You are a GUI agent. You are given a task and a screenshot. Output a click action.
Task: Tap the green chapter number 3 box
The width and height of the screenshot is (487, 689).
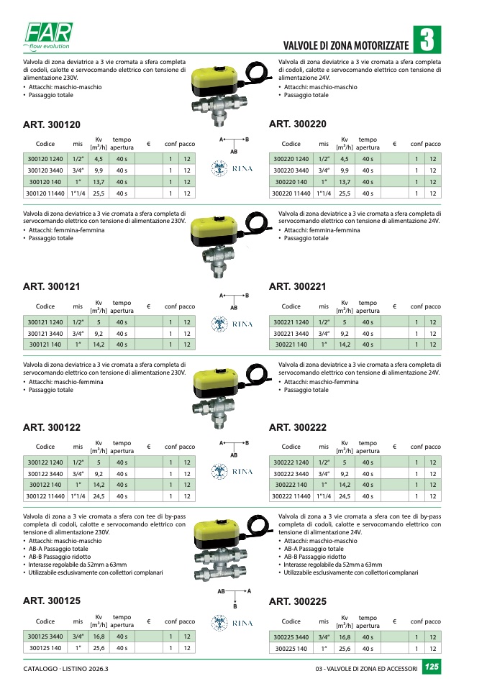(x=427, y=40)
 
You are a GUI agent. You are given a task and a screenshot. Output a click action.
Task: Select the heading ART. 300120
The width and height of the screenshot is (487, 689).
(x=52, y=124)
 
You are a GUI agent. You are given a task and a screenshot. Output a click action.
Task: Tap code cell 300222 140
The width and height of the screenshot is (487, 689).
(x=291, y=485)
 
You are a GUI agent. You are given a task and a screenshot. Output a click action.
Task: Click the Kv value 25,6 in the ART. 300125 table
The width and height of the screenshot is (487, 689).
(x=99, y=648)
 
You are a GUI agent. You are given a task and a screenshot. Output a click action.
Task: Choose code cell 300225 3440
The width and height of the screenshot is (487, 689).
(x=291, y=636)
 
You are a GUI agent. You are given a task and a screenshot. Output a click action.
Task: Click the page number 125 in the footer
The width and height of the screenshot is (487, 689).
(x=431, y=668)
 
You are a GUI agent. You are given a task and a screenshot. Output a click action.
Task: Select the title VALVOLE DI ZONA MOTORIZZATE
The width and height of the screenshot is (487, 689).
(x=347, y=45)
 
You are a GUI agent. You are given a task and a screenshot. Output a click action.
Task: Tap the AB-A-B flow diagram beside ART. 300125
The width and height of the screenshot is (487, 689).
(x=234, y=596)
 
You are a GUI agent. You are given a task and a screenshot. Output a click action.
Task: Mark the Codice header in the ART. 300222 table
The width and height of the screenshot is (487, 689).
(x=291, y=447)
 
